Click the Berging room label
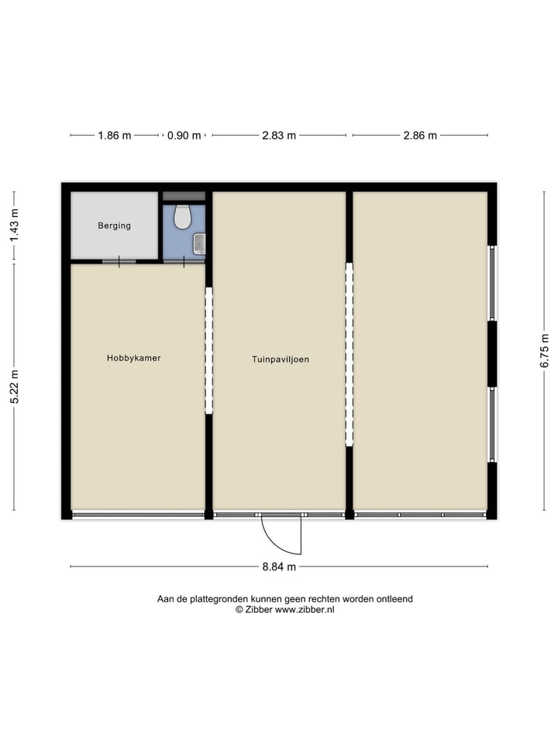click(x=114, y=226)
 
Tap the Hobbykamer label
click(x=133, y=358)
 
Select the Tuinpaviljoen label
click(x=280, y=360)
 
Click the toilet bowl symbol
click(x=183, y=217)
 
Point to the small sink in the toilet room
click(x=199, y=243)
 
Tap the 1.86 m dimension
click(x=114, y=136)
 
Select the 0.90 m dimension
click(x=184, y=136)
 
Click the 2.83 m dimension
click(x=279, y=136)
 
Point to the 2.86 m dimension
click(x=420, y=136)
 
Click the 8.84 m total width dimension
click(x=279, y=567)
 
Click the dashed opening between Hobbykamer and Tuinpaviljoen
click(x=208, y=350)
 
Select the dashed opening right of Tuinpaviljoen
click(x=349, y=354)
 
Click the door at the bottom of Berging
click(x=119, y=261)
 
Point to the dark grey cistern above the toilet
click(x=184, y=196)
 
